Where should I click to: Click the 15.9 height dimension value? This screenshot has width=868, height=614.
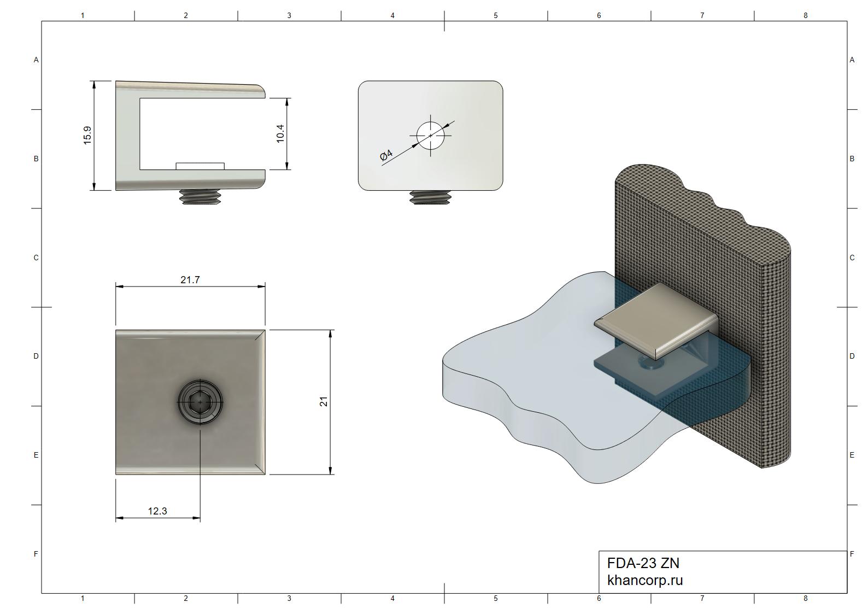point(87,135)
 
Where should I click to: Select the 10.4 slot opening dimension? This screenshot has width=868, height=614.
point(280,134)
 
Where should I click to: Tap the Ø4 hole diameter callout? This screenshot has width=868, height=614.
point(386,155)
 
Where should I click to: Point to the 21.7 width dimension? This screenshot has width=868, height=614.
point(190,279)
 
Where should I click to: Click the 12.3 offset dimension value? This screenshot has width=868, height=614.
point(157,511)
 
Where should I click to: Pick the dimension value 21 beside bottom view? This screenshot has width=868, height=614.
point(324,401)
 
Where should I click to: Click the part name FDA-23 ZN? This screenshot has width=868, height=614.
point(643,563)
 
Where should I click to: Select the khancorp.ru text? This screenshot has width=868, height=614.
point(645,580)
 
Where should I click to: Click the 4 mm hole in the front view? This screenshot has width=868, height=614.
point(431,136)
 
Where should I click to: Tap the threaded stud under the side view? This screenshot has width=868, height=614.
point(200,197)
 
